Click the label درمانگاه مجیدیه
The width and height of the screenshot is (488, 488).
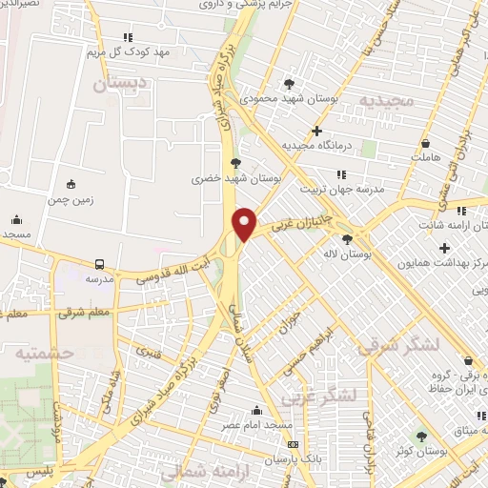317,146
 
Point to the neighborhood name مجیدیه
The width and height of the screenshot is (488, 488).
385,100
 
